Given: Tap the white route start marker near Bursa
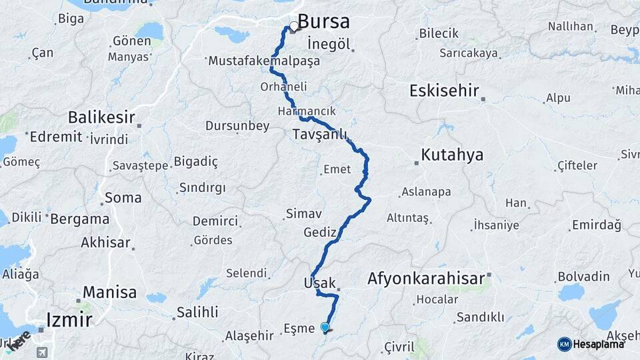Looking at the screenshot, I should point(293,27).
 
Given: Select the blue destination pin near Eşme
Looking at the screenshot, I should point(325,327).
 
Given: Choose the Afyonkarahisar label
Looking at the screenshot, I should point(426,279).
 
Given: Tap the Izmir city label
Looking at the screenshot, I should point(69,319).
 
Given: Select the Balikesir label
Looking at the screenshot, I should point(101,119).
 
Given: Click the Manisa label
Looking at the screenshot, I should point(110,292).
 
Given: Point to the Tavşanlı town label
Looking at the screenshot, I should point(320,135).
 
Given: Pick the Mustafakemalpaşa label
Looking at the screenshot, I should point(264,61).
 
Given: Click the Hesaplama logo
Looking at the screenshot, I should point(591,344).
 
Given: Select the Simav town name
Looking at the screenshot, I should point(304,214).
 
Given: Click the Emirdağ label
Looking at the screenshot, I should point(597,225).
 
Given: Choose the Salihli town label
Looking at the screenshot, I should point(197,312).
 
